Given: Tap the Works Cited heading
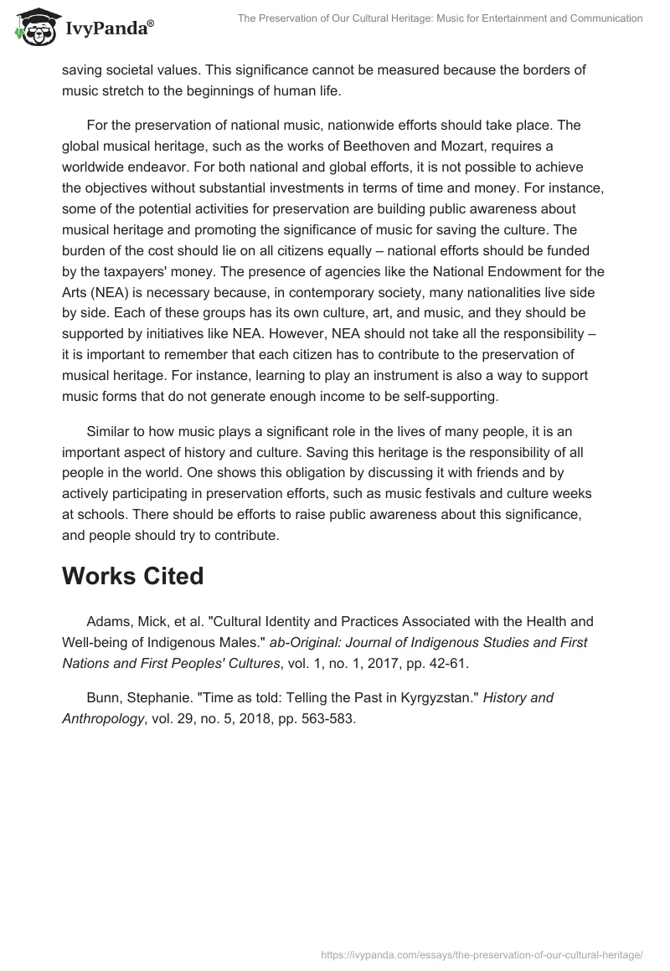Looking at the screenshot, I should [x=132, y=576].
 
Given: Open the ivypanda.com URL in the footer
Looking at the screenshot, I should [x=482, y=953].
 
